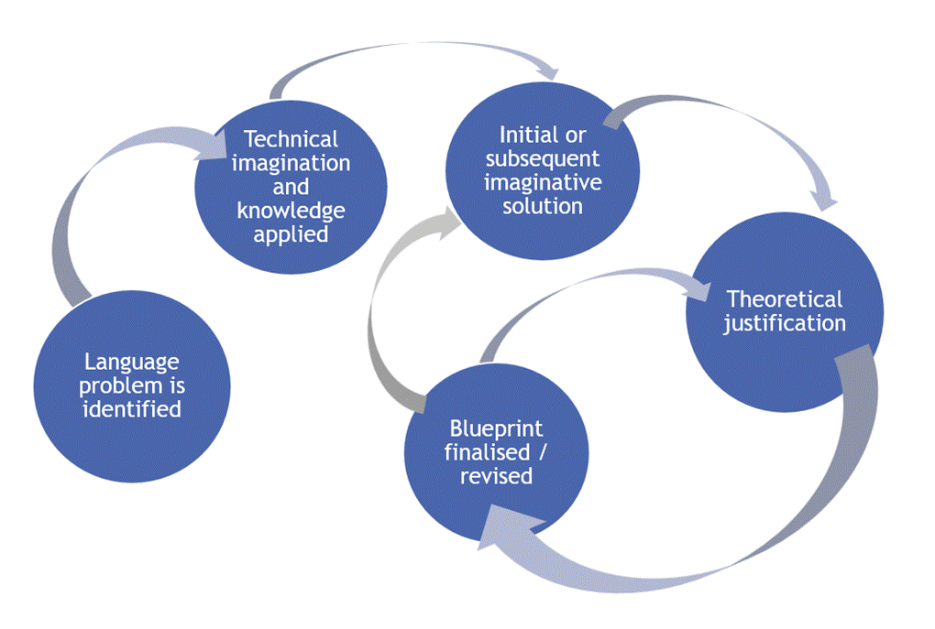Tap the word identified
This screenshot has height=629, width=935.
(132, 408)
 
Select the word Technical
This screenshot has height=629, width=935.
(291, 140)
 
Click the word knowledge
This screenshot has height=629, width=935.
(291, 211)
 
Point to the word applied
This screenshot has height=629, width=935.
(291, 233)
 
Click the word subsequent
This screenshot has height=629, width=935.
(543, 158)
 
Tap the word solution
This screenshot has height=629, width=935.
(543, 206)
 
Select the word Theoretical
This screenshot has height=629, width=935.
(784, 299)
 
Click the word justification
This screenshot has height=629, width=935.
(784, 323)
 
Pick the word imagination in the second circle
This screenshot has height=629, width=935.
(291, 164)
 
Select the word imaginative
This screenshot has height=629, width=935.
(543, 182)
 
